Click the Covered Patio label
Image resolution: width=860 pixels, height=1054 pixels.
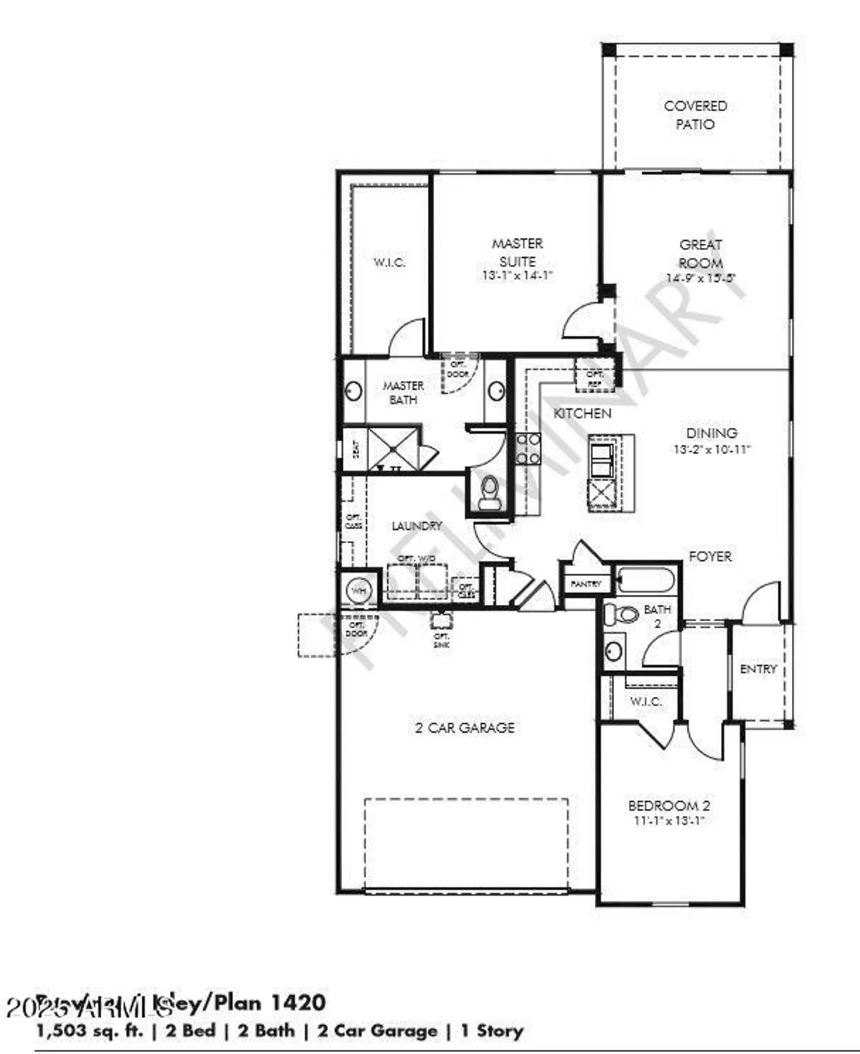(695, 115)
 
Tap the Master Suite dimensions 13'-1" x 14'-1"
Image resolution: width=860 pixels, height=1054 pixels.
(517, 276)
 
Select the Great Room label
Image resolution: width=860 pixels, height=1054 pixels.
(701, 254)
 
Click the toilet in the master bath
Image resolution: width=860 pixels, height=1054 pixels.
(489, 493)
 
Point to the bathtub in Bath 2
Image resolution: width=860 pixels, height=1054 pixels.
(646, 581)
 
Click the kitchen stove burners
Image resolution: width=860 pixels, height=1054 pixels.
(528, 449)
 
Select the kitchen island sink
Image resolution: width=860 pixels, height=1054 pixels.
(602, 460)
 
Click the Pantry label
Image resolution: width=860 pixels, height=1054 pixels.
(585, 584)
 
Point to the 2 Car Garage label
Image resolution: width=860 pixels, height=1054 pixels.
(464, 728)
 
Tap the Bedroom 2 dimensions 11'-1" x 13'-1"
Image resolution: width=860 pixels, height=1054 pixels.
(668, 820)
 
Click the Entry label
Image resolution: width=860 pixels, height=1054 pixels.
(758, 669)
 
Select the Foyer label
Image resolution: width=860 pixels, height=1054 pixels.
(710, 557)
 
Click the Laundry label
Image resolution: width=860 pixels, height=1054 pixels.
(417, 526)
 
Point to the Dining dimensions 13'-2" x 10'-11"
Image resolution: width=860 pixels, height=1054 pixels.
(712, 449)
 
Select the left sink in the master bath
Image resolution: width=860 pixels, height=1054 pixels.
(353, 391)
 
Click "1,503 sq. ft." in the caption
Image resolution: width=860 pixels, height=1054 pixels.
(89, 1032)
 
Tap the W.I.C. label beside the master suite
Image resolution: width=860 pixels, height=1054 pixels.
(389, 263)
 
